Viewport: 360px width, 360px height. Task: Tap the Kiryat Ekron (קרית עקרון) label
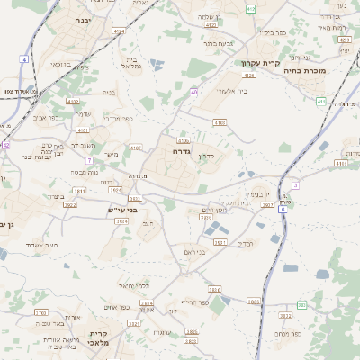[x=260, y=63]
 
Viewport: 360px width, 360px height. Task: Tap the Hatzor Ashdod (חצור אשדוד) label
[x=40, y=245]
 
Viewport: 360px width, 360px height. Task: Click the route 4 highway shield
[x=24, y=58]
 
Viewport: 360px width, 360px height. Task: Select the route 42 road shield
[x=5, y=144]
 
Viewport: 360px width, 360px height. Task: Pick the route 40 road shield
[x=194, y=92]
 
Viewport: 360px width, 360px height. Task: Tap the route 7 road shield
[x=89, y=160]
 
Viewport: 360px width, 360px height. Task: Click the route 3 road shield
[x=294, y=184]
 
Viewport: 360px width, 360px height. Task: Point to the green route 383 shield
[x=301, y=305]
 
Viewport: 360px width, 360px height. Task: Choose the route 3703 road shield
[x=40, y=312]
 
